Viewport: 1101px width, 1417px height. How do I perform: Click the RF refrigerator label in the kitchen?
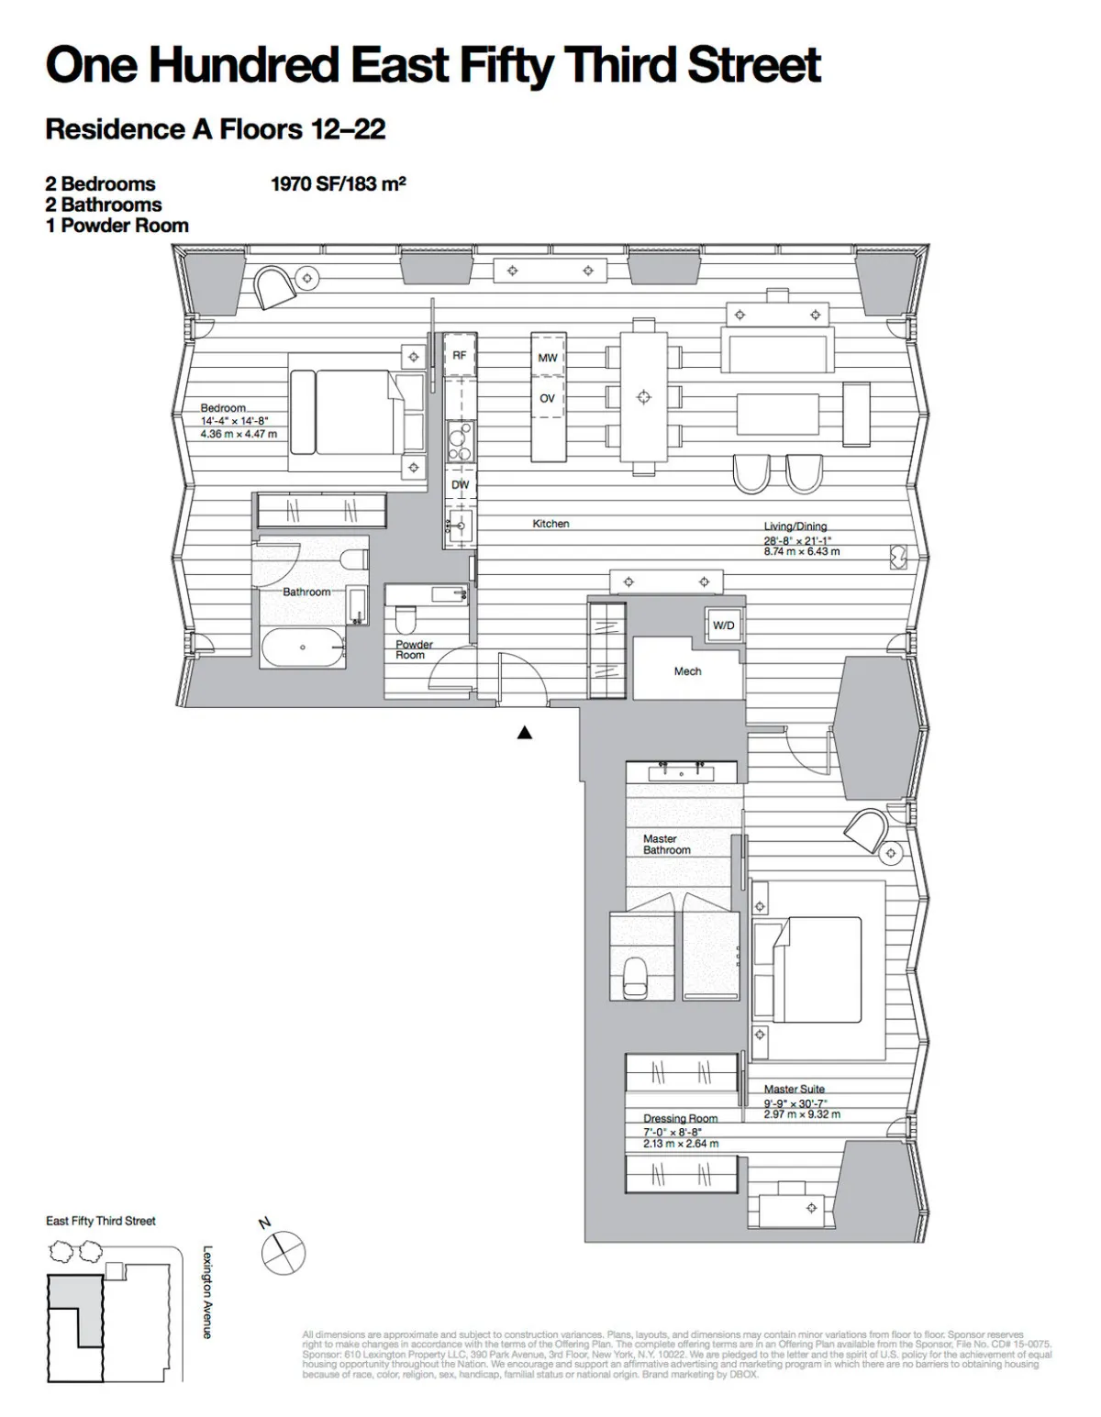click(x=460, y=355)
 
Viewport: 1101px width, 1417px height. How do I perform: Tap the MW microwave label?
click(x=547, y=358)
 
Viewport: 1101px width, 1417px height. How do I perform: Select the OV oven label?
click(x=547, y=398)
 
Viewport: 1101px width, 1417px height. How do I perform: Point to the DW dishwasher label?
click(x=460, y=484)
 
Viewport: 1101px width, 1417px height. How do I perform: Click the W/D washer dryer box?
click(x=723, y=625)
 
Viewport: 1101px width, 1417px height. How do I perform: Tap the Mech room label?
click(x=687, y=671)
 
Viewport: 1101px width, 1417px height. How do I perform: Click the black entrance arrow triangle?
click(x=525, y=732)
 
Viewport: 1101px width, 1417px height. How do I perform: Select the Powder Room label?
click(x=413, y=649)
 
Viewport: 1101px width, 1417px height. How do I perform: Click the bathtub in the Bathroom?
click(x=303, y=648)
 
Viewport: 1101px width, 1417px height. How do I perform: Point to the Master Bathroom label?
click(x=666, y=845)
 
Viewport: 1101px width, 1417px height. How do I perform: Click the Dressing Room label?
click(x=680, y=1118)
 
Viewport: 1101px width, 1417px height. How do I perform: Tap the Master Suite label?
click(x=794, y=1089)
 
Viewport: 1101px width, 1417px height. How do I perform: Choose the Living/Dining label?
click(x=795, y=526)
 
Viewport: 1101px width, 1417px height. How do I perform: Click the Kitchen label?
click(x=550, y=524)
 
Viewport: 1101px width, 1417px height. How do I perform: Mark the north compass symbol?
click(x=284, y=1252)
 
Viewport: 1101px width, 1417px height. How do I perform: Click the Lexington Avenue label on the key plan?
click(x=207, y=1291)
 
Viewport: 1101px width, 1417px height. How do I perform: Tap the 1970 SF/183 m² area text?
click(x=338, y=183)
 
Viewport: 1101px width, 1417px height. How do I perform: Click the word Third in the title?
click(x=622, y=65)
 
